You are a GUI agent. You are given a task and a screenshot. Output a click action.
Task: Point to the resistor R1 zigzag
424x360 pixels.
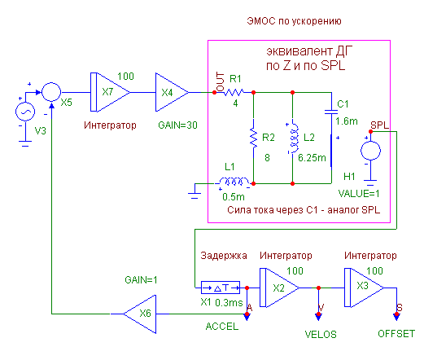(x=234, y=93)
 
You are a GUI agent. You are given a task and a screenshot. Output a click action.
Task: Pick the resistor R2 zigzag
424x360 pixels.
(x=253, y=138)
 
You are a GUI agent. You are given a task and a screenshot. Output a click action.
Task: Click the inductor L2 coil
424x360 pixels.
(x=294, y=138)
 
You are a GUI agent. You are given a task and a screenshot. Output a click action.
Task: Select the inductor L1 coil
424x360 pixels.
(x=234, y=182)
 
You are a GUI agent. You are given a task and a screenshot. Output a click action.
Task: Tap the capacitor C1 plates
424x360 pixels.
(x=331, y=112)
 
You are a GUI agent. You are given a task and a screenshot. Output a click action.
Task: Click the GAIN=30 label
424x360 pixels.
(x=177, y=125)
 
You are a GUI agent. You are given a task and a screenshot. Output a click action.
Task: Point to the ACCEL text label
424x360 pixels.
(x=222, y=327)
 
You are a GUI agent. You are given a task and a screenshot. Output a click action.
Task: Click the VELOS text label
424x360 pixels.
(x=321, y=335)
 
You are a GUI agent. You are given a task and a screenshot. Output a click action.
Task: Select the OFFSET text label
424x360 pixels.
(x=396, y=334)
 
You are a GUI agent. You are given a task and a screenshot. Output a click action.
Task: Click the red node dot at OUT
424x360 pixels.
(x=214, y=93)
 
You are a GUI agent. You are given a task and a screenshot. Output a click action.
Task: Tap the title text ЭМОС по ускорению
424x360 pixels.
(x=294, y=21)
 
